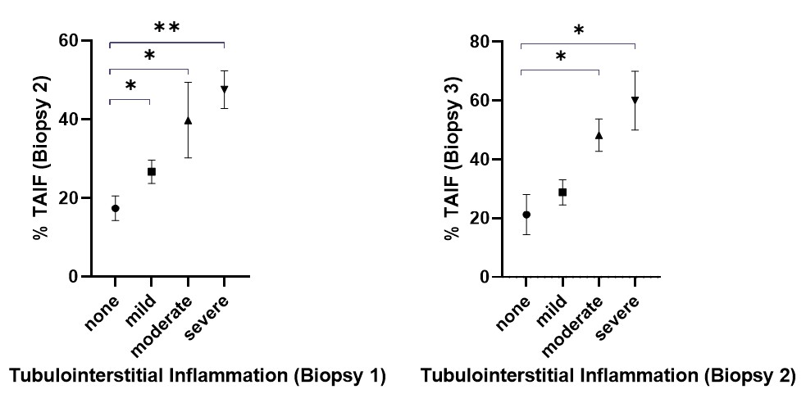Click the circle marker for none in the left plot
(116, 208)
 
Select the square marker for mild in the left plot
(152, 171)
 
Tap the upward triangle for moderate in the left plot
(188, 120)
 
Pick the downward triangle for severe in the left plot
(224, 89)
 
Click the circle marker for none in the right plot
(526, 215)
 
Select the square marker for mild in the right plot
(562, 192)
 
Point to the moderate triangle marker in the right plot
(599, 135)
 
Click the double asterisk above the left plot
(167, 28)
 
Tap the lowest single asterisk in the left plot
(130, 87)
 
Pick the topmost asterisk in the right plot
(578, 31)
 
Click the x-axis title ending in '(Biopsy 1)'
(197, 377)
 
